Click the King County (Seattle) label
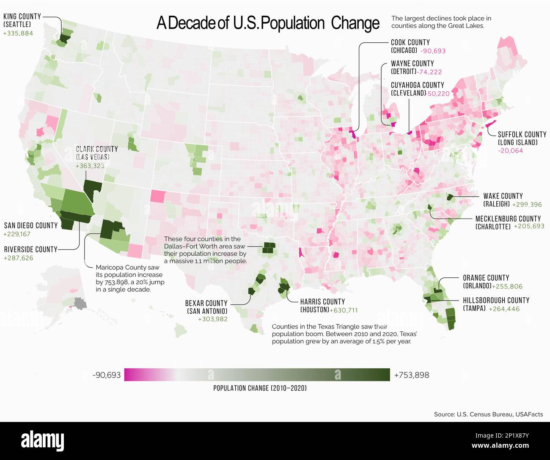[x=22, y=20]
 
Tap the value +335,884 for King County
[x=18, y=33]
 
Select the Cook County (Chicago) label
[x=410, y=46]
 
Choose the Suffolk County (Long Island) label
[x=522, y=138]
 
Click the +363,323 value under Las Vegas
[x=90, y=166]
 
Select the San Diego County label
[x=30, y=225]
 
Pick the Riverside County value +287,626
[x=18, y=258]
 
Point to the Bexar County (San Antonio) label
[x=206, y=307]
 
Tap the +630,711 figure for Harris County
[x=344, y=310]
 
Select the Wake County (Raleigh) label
[x=503, y=200]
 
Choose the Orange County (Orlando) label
[x=486, y=282]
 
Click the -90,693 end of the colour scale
[x=107, y=375]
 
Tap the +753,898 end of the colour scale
[x=411, y=375]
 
